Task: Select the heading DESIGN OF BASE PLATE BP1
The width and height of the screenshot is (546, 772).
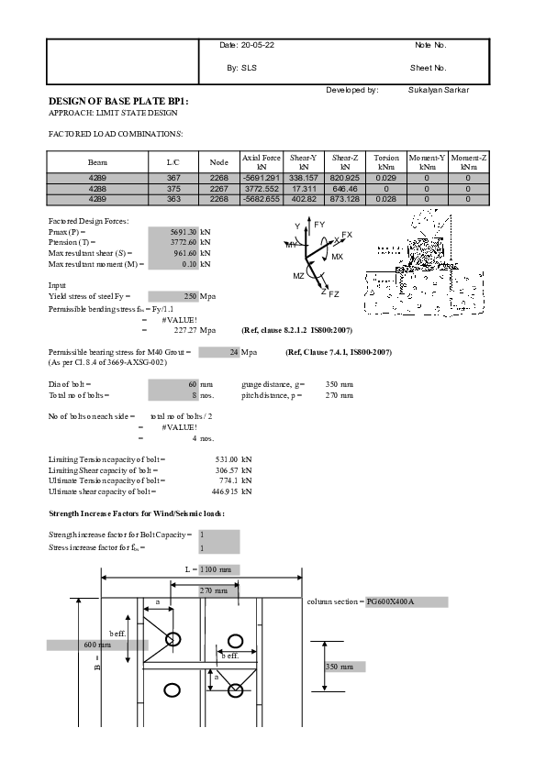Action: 118,101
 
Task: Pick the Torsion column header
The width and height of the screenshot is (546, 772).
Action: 386,158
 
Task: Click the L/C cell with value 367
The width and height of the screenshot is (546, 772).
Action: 173,177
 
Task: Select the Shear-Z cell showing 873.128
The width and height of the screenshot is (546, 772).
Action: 344,198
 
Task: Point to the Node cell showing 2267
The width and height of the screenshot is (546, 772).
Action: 218,188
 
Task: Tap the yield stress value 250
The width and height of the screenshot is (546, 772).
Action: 191,296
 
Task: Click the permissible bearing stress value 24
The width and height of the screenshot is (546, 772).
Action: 233,352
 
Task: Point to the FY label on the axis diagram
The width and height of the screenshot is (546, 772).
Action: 319,225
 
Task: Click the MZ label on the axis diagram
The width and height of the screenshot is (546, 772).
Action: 299,276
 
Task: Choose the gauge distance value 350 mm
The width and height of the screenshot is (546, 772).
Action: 337,384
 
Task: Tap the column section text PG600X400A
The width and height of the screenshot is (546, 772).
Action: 390,602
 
